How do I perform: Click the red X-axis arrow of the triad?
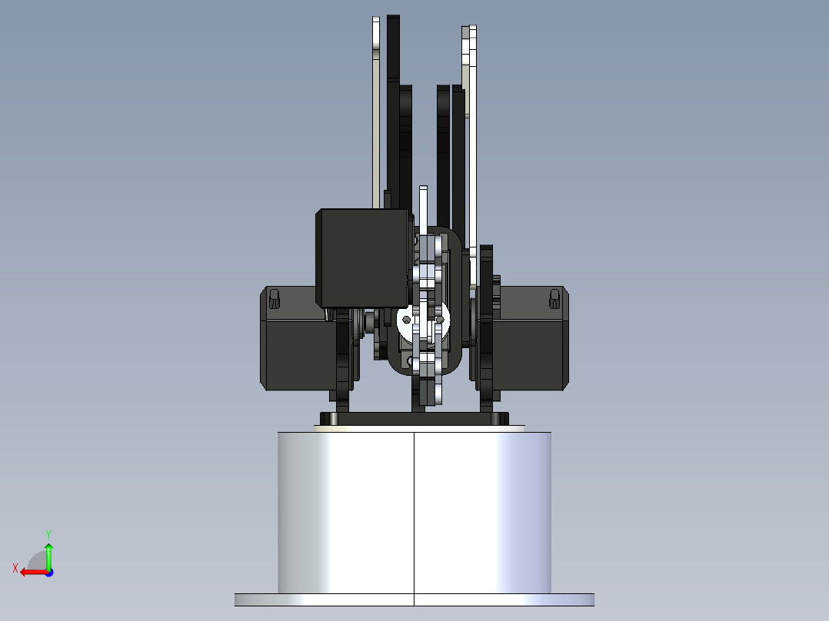click(31, 572)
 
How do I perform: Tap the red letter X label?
click(15, 568)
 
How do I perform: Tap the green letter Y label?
click(48, 533)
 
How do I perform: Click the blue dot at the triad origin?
click(48, 572)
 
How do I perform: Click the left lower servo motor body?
click(296, 354)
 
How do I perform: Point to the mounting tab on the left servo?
click(273, 298)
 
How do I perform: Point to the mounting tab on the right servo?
click(554, 298)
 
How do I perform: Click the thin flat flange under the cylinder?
click(414, 599)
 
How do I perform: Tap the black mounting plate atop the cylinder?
click(414, 418)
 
